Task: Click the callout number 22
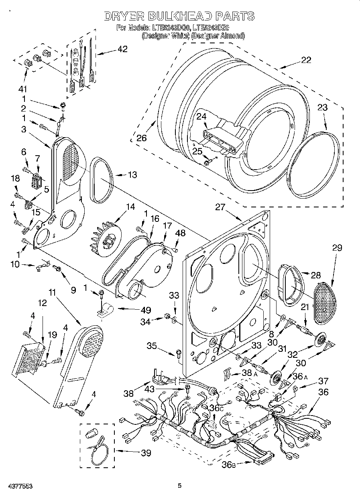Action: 306,60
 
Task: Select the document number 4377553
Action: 16,486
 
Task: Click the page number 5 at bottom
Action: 180,486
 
